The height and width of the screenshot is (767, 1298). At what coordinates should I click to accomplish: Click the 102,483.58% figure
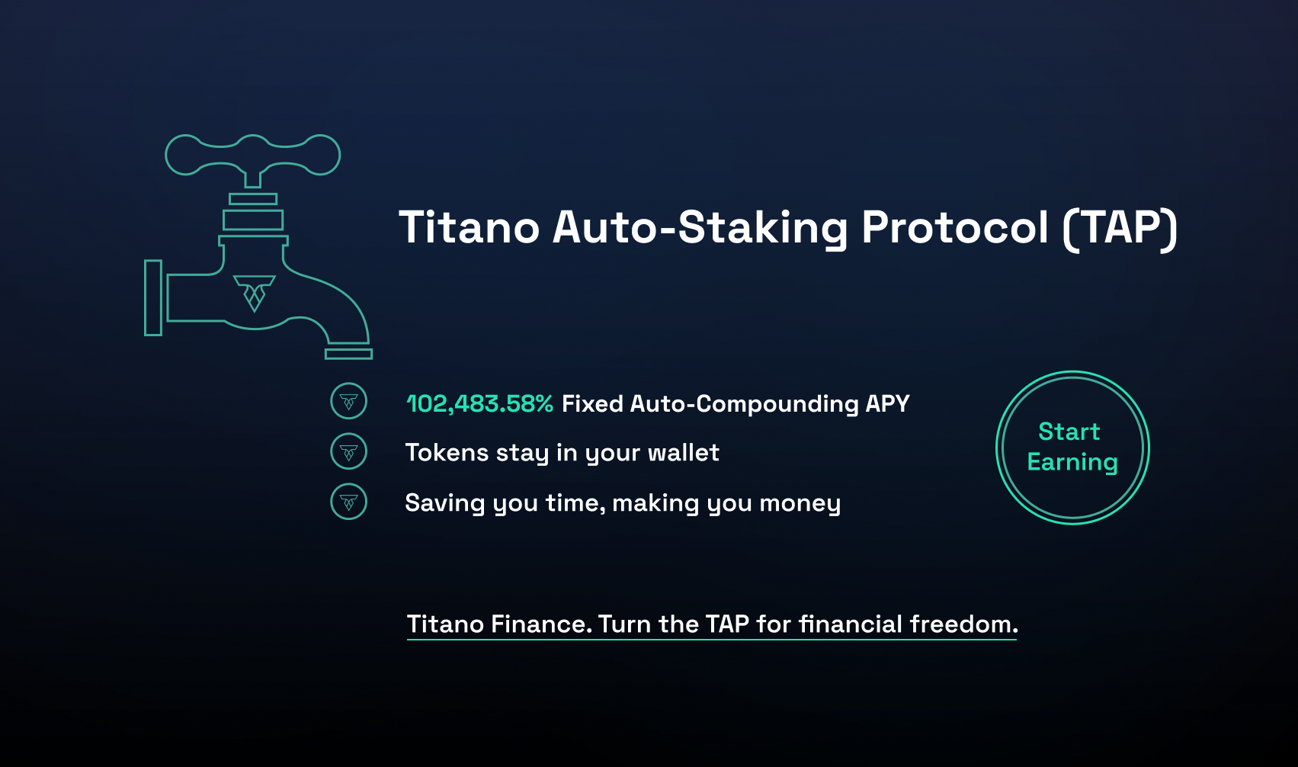[480, 403]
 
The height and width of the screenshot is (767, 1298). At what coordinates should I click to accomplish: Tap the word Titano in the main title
[470, 226]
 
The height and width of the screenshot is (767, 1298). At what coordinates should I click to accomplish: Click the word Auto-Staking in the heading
[700, 229]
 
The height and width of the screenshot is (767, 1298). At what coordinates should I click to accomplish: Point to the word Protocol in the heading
[955, 226]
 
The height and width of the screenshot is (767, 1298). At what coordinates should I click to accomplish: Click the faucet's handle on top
[252, 155]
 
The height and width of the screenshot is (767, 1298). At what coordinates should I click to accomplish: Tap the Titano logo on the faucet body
[255, 294]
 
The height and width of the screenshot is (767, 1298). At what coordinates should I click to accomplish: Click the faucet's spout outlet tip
[348, 354]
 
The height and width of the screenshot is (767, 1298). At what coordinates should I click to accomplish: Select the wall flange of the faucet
[153, 297]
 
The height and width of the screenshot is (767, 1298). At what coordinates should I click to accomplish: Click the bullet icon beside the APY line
[349, 400]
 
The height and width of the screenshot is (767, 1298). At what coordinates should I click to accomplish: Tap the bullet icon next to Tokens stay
[349, 451]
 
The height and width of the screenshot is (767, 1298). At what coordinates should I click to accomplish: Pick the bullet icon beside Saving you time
[349, 502]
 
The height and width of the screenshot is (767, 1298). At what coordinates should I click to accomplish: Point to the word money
[800, 503]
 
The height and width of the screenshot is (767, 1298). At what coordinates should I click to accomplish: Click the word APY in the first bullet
[887, 403]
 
